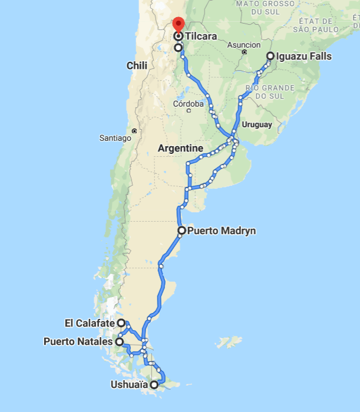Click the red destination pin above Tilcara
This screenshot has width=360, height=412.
[x=177, y=25]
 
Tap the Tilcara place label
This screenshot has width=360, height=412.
[x=201, y=37]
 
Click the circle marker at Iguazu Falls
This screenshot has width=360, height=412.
[x=270, y=57]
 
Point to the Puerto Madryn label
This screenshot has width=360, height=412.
[x=222, y=231]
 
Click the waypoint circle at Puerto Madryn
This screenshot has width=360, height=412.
[x=181, y=230]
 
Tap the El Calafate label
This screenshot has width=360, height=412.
[x=90, y=323]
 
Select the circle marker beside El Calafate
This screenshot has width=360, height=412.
[x=121, y=323]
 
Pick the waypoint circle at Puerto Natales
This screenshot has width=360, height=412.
[x=119, y=341]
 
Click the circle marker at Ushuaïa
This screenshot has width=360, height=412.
[x=154, y=385]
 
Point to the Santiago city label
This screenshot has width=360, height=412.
[x=116, y=138]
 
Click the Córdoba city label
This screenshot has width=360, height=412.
[x=188, y=104]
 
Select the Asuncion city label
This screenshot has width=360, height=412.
[x=243, y=45]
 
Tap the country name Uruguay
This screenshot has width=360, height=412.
[x=257, y=124]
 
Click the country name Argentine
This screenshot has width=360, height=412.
[x=180, y=148]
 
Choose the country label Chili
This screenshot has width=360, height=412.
[x=137, y=66]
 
